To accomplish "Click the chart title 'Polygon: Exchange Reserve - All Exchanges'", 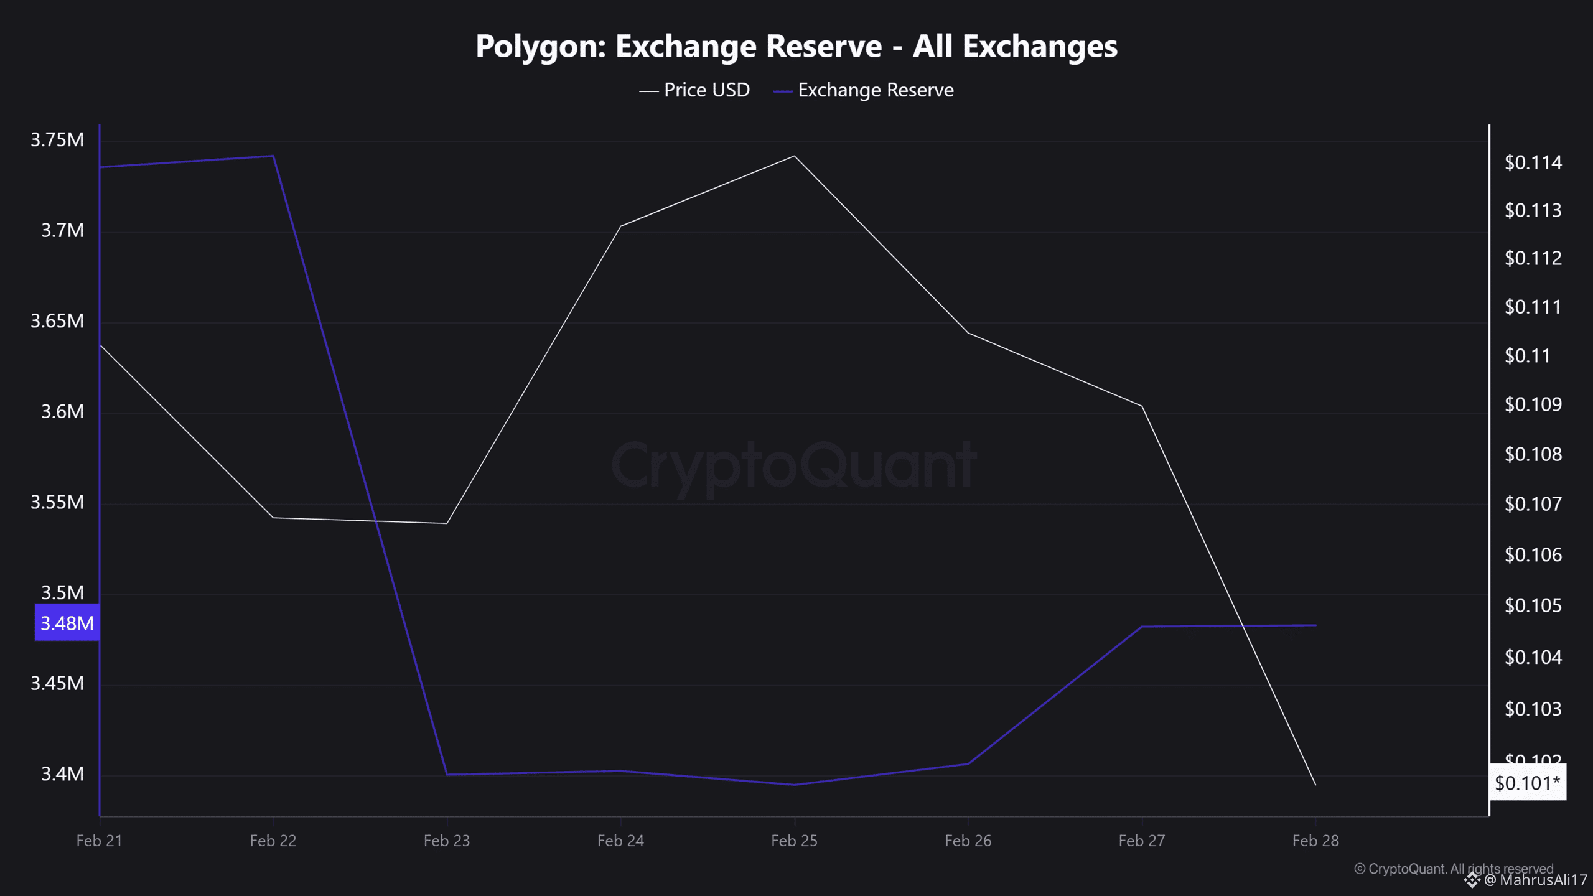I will point(796,46).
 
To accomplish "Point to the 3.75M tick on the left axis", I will point(57,139).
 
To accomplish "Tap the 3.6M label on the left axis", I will point(62,411).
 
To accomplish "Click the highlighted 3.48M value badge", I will point(67,623).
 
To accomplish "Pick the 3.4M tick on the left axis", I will point(62,773).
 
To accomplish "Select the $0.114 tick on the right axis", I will point(1533,162).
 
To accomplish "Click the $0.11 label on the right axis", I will point(1527,355).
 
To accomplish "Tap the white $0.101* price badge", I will point(1527,783).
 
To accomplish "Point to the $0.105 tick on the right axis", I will point(1533,605).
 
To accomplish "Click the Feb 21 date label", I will point(99,841).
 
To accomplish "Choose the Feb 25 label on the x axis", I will point(794,841).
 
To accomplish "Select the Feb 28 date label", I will point(1315,841).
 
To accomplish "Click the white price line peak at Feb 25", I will point(794,156).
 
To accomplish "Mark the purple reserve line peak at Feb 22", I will point(273,156).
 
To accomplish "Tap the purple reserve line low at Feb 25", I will point(794,785).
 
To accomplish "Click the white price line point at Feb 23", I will point(447,523).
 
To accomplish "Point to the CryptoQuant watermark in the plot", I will point(794,465).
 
